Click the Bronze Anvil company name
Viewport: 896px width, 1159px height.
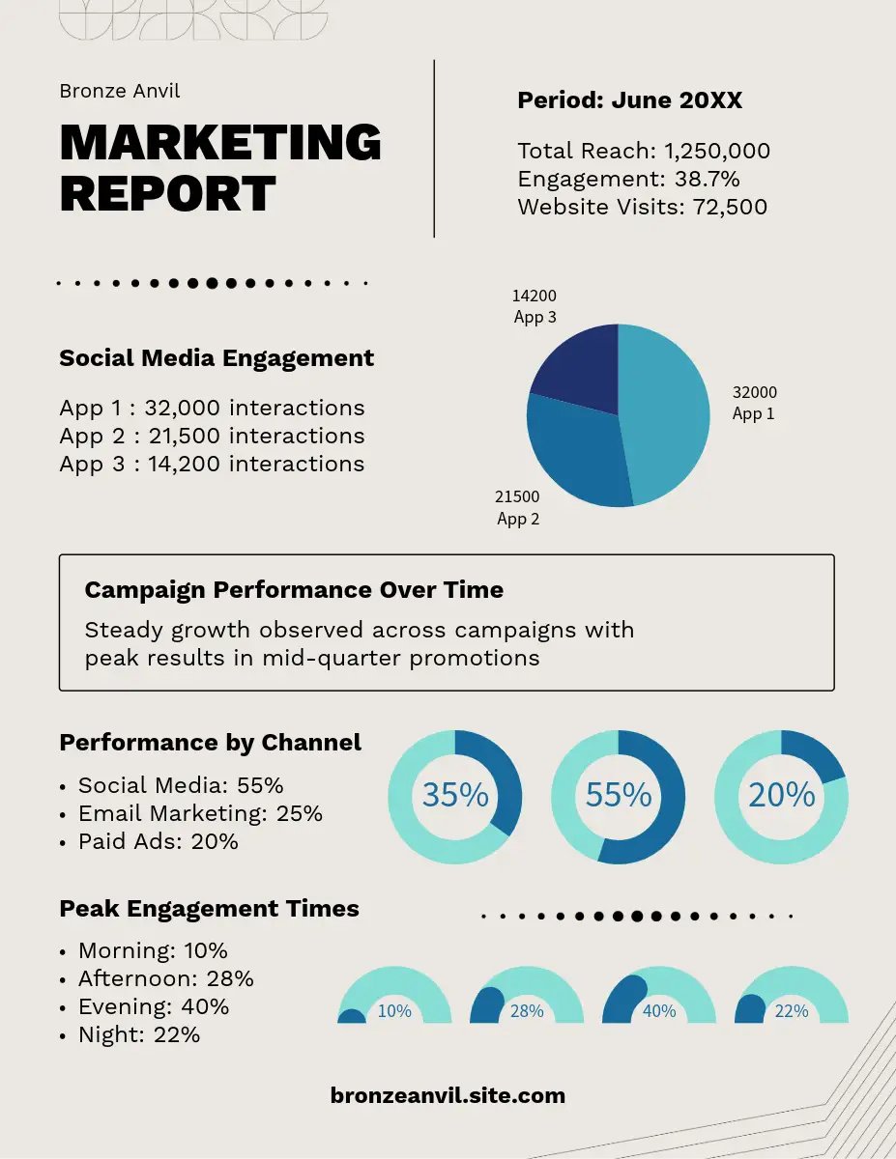[x=120, y=91]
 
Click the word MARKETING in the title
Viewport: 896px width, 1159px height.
[x=220, y=142]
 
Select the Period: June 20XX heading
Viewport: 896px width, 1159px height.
[x=629, y=100]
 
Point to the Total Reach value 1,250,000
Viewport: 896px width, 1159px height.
[x=716, y=151]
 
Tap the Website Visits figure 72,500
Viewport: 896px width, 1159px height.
[x=730, y=207]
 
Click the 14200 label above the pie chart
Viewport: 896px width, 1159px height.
[x=535, y=296]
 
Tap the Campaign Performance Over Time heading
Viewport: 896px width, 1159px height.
[x=294, y=590]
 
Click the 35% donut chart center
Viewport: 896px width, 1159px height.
[x=455, y=795]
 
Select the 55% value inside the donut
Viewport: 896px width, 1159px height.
[x=619, y=795]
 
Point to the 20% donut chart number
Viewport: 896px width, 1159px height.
[x=781, y=795]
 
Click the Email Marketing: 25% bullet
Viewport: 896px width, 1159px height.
[x=200, y=813]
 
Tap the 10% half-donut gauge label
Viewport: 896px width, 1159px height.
[x=394, y=1011]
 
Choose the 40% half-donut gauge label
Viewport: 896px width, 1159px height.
[x=659, y=1011]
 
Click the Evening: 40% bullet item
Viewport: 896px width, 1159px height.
[x=154, y=1006]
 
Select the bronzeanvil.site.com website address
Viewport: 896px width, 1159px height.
[x=448, y=1095]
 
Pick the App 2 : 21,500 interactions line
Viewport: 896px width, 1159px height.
[x=212, y=436]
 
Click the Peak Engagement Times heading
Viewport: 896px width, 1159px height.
[x=209, y=909]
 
